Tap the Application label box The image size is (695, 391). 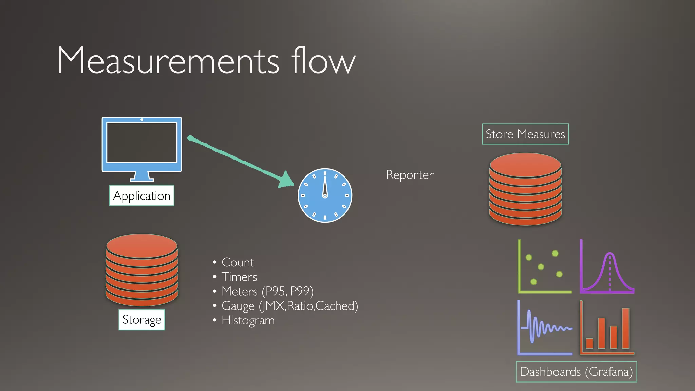tap(142, 196)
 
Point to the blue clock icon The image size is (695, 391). tap(325, 195)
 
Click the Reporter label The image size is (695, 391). tap(410, 175)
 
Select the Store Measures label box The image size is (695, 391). tap(525, 134)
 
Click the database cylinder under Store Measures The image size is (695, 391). tap(525, 189)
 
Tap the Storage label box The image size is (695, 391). tap(142, 320)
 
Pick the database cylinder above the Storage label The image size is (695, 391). tap(142, 270)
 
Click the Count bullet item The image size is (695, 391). tap(238, 262)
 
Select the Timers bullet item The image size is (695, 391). tap(239, 277)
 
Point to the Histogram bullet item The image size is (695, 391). tap(248, 320)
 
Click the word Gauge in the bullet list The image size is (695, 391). tap(238, 306)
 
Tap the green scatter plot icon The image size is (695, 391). tap(544, 266)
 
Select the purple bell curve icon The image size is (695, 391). tap(607, 266)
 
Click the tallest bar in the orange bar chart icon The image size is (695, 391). tap(625, 328)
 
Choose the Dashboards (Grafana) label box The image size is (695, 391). tap(576, 372)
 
